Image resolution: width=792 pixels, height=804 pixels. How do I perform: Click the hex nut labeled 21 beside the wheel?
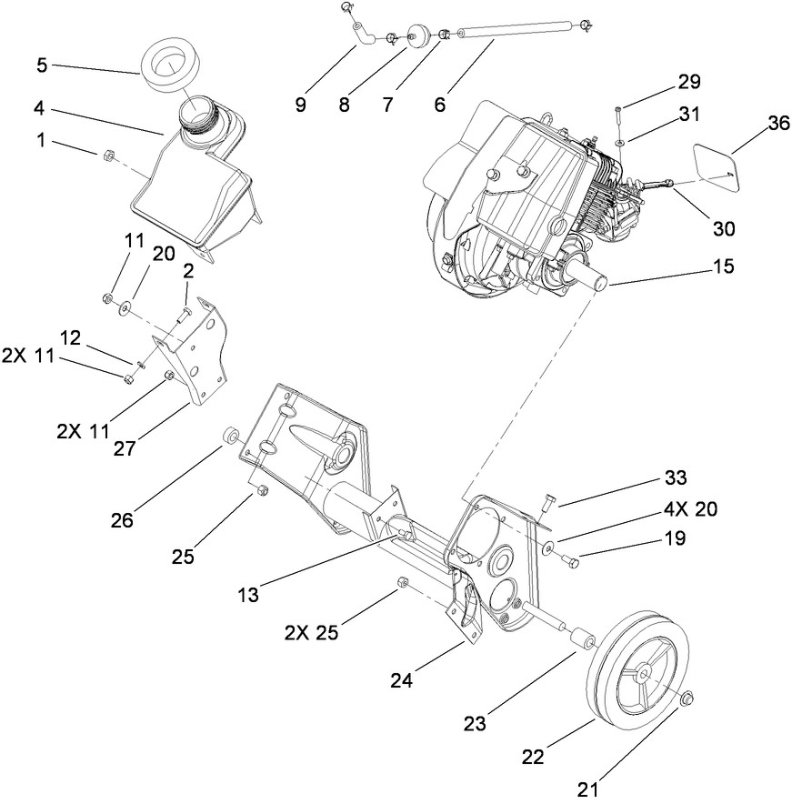(687, 698)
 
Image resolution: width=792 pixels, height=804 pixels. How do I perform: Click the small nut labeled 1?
(105, 156)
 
